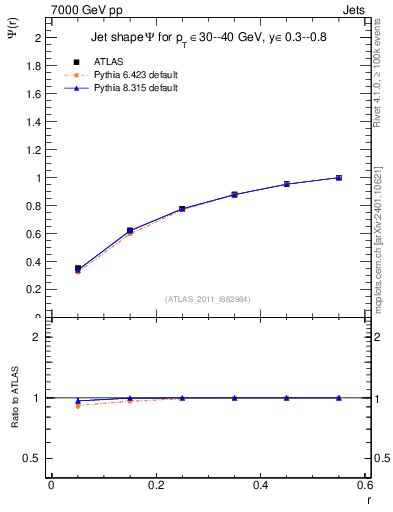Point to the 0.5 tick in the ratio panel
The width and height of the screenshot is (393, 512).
pos(32,458)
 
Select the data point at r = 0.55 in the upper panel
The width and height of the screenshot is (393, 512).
pos(339,178)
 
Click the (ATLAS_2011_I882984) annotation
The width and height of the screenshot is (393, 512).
pos(208,299)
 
